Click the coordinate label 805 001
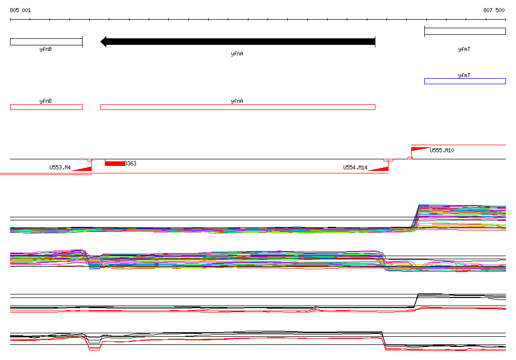[x=20, y=10]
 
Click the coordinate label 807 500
[x=494, y=10]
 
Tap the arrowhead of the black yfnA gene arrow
[x=103, y=42]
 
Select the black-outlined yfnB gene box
[x=46, y=42]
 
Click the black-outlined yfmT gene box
[x=465, y=31]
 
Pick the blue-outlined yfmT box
[x=465, y=81]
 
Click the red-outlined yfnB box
[x=46, y=107]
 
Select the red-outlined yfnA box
[x=238, y=107]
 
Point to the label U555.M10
[x=442, y=151]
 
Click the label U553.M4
[x=60, y=168]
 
